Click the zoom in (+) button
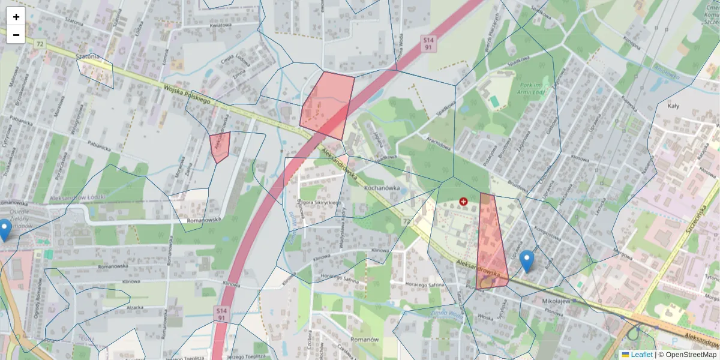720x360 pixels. pyautogui.click(x=16, y=17)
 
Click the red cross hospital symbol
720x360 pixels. pyautogui.click(x=463, y=202)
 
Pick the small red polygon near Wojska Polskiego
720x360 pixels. pyautogui.click(x=220, y=146)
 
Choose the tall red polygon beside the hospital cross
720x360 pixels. pyautogui.click(x=492, y=243)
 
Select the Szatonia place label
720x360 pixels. pyautogui.click(x=88, y=56)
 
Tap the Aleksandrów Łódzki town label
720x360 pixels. pyautogui.click(x=78, y=197)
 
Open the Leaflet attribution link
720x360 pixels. pyautogui.click(x=637, y=355)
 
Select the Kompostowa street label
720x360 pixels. pyautogui.click(x=548, y=229)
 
